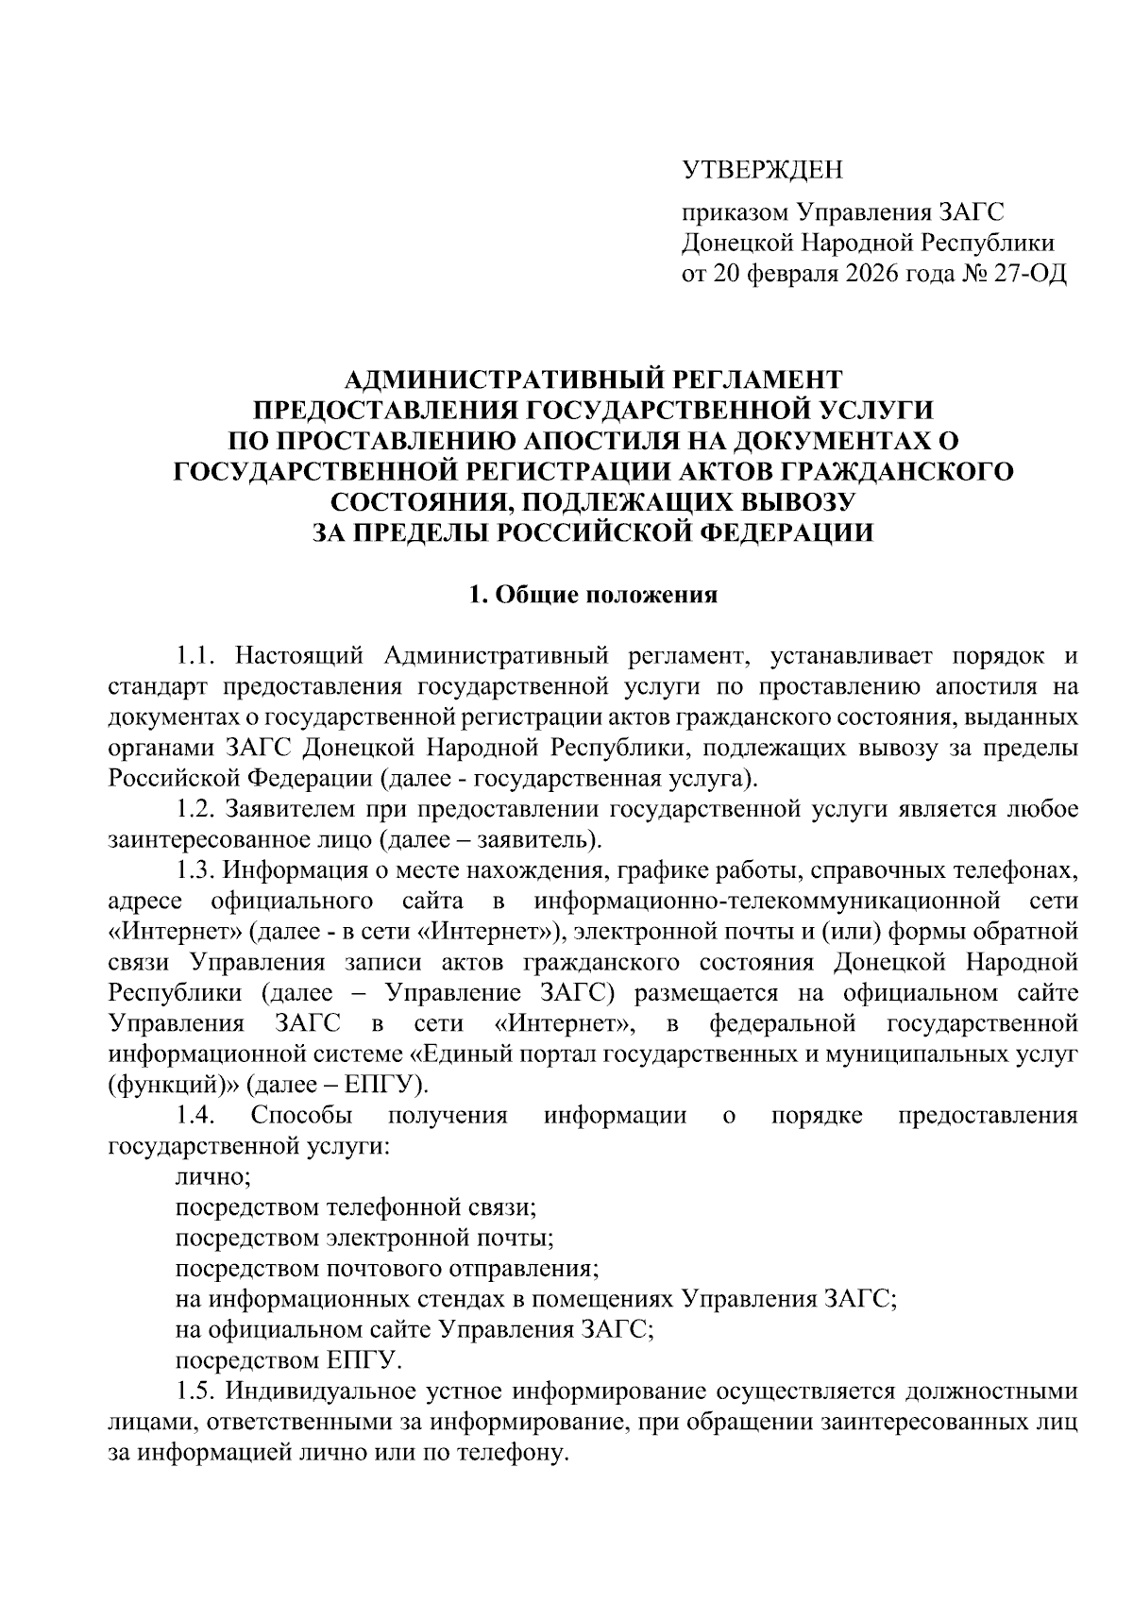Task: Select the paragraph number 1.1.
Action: point(197,655)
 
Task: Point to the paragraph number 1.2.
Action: point(197,808)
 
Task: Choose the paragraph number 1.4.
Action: point(197,1115)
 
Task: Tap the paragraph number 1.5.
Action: point(197,1391)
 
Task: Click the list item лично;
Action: point(212,1176)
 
